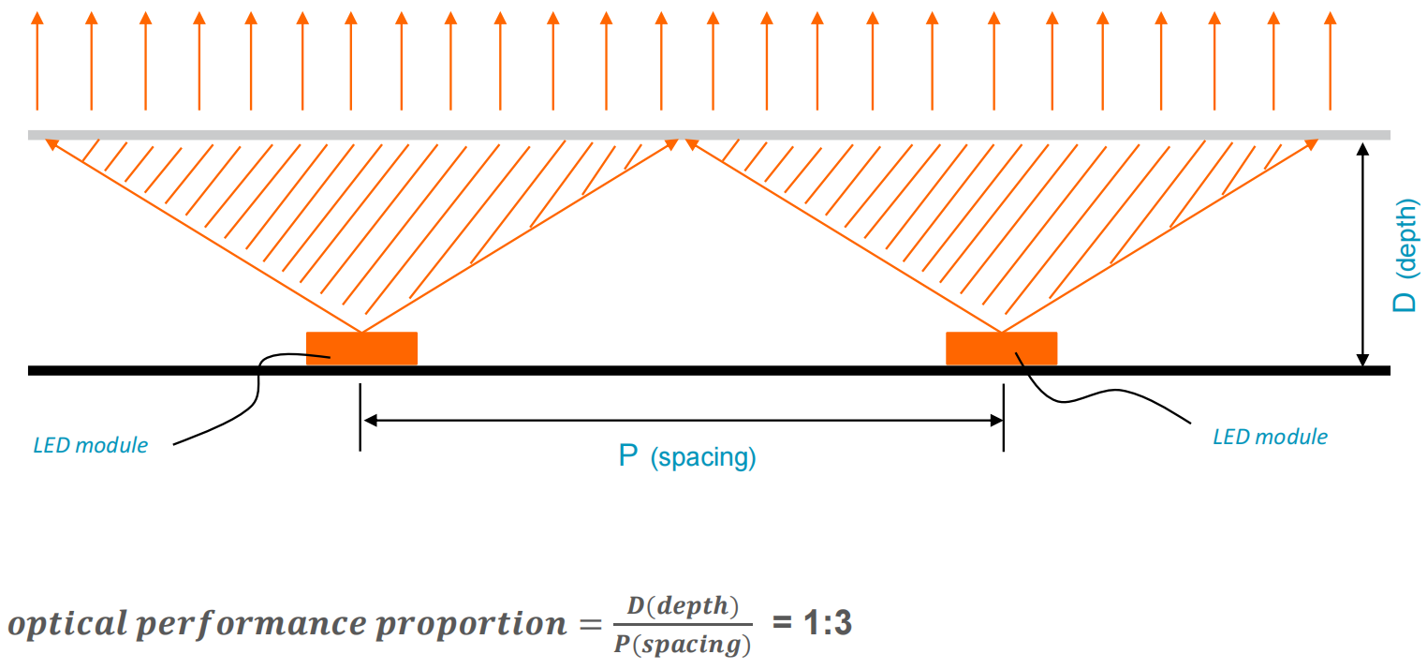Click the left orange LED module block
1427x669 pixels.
pos(361,349)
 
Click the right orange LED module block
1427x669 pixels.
pos(1001,349)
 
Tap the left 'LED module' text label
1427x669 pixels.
pos(91,445)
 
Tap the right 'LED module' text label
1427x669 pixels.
pos(1270,437)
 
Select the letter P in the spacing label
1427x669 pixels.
pos(627,457)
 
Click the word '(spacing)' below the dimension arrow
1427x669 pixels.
pos(703,458)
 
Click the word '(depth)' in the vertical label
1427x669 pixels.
pos(1406,239)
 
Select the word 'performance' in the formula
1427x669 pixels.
pos(257,624)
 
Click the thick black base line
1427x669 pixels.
pos(655,371)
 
